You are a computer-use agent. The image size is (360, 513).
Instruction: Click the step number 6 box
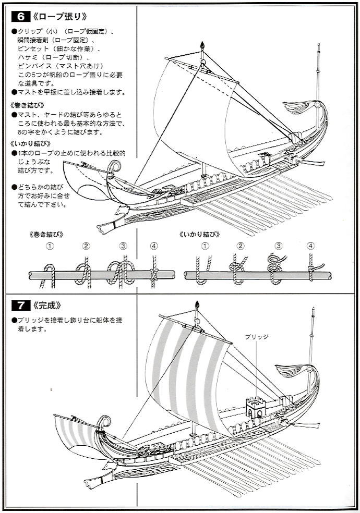coord(21,16)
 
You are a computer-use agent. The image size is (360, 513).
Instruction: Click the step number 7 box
coord(21,306)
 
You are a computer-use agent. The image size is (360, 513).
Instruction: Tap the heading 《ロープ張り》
coord(60,16)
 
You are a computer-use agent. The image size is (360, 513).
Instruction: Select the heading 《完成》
coord(47,306)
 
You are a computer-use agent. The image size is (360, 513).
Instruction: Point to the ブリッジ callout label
coord(257,337)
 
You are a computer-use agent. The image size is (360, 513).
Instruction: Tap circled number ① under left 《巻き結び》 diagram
coord(50,246)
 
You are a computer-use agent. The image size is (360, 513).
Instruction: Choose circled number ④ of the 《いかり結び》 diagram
coord(310,246)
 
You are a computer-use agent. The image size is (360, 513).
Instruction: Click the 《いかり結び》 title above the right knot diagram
coord(200,234)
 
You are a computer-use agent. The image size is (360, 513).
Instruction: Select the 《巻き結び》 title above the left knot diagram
coord(46,234)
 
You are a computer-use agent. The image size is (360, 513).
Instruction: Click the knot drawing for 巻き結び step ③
coord(121,272)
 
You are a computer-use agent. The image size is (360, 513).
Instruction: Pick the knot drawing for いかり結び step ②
coord(238,269)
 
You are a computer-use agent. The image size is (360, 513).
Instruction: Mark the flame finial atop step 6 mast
coord(202,45)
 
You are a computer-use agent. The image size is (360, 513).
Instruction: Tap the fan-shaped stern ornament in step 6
coord(296,107)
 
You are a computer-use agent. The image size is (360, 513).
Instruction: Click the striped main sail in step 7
coord(188,376)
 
